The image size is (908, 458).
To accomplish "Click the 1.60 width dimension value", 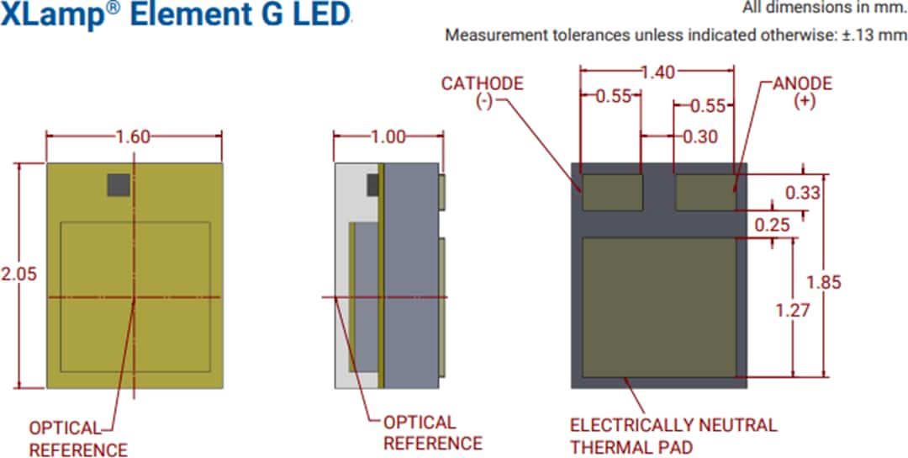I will [134, 137].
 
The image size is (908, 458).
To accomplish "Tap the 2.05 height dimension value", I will [18, 274].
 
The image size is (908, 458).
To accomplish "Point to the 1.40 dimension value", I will [657, 73].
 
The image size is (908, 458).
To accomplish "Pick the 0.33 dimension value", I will [802, 193].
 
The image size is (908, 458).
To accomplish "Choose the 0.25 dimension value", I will [772, 225].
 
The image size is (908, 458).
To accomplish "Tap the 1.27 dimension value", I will [793, 310].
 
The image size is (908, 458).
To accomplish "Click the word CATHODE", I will [483, 83].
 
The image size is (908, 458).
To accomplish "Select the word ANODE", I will [802, 83].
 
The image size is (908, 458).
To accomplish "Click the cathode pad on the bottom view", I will [613, 192].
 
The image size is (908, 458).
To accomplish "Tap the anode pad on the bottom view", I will [705, 192].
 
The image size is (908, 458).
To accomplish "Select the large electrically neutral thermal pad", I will [658, 307].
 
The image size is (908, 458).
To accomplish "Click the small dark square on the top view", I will [119, 185].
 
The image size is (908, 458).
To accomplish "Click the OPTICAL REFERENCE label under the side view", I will [432, 433].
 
